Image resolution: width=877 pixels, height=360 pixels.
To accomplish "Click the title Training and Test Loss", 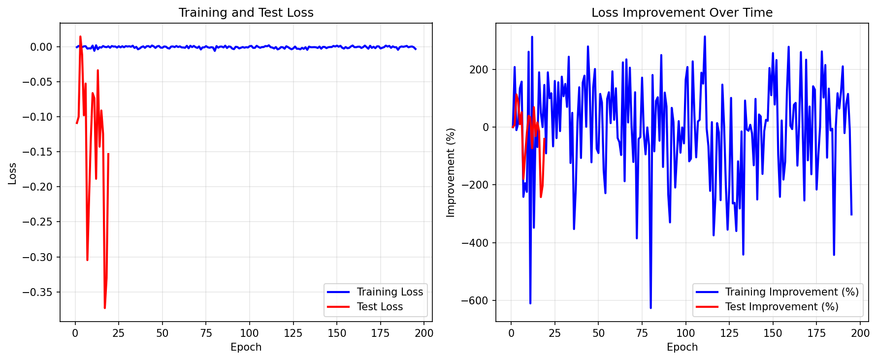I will [x=246, y=13].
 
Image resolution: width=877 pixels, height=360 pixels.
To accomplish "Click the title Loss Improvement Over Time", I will [x=682, y=13].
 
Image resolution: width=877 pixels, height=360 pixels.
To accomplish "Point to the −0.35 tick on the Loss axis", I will [x=39, y=292].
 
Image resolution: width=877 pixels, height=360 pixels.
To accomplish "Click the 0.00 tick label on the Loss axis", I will [x=41, y=47].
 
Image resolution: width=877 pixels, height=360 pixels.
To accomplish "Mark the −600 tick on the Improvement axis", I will [x=475, y=300].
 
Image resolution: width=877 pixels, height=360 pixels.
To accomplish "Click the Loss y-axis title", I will [x=12, y=173].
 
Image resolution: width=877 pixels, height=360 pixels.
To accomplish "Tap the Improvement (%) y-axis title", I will [x=451, y=172].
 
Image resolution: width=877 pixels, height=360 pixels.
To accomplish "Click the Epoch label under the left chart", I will [x=246, y=347].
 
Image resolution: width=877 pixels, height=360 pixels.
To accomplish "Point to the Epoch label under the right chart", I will [x=682, y=347].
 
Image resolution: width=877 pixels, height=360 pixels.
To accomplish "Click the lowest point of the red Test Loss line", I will [x=104, y=308].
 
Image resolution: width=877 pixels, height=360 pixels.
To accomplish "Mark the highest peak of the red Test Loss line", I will [x=80, y=36].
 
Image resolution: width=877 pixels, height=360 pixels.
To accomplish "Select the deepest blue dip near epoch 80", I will [x=650, y=308].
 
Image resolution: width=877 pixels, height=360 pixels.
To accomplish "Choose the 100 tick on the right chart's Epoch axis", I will [x=685, y=333].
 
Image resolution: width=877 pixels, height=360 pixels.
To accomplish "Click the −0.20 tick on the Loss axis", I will [x=39, y=187].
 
